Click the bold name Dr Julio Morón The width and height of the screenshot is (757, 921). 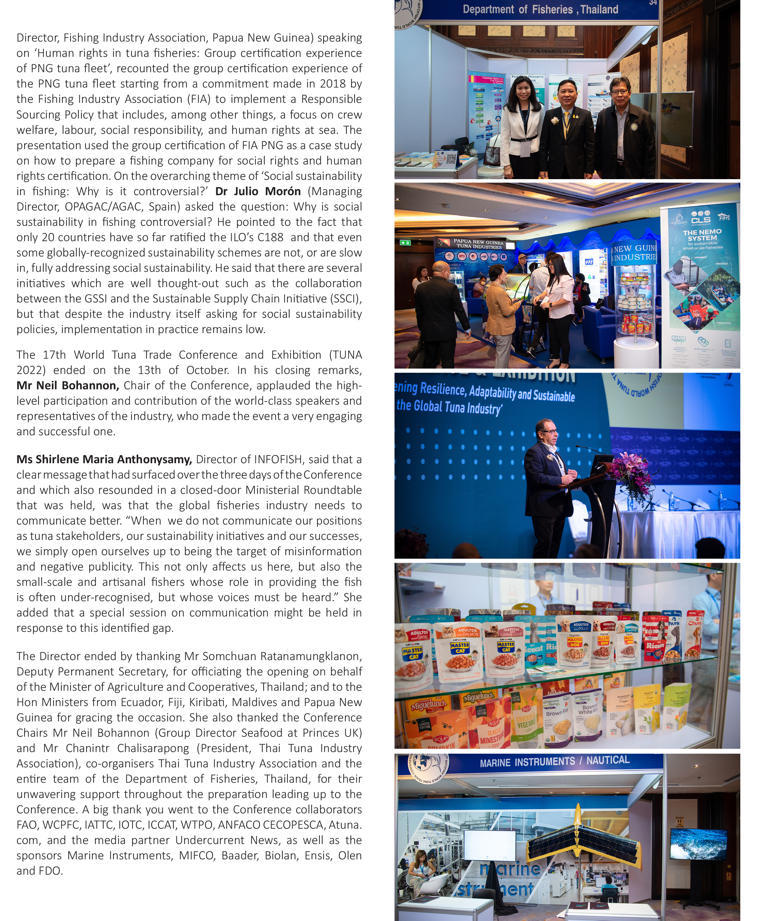pos(258,191)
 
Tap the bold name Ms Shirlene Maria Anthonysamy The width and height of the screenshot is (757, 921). pos(104,459)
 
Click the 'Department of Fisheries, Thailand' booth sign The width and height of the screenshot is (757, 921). pos(540,10)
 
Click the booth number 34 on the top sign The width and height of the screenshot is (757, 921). pos(653,3)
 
